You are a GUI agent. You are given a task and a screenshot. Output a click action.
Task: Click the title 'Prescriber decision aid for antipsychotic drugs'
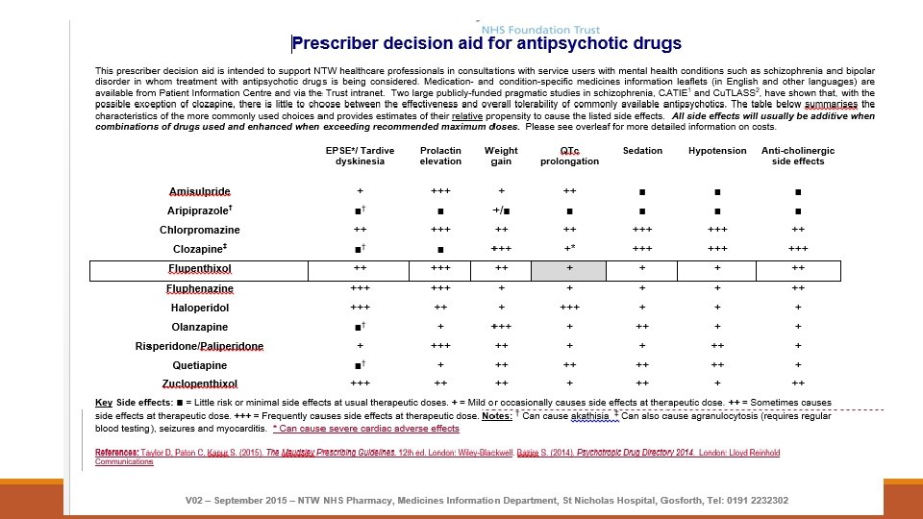point(486,43)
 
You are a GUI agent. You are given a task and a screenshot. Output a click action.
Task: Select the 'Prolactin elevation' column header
point(440,156)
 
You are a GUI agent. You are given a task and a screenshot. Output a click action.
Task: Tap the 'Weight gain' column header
point(501,156)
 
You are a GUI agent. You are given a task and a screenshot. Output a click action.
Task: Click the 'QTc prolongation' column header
point(569,156)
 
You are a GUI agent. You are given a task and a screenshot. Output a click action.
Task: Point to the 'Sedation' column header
point(642,151)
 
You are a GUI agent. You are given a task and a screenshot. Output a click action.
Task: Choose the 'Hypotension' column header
point(717,151)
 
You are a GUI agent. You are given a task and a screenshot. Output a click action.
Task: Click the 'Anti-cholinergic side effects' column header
point(798,156)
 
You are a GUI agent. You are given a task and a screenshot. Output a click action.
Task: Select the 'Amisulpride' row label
point(200,192)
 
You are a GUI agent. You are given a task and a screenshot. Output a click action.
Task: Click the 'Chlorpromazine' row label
point(200,231)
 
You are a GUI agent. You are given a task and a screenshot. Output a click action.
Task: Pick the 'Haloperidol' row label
point(200,309)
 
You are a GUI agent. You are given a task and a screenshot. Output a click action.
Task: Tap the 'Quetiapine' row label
point(200,365)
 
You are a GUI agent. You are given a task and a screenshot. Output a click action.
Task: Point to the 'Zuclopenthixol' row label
point(200,384)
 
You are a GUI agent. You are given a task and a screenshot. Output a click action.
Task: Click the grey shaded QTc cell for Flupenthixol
point(569,269)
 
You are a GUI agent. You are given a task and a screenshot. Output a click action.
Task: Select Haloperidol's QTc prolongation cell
point(569,309)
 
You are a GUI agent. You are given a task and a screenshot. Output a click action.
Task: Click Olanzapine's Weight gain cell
point(501,327)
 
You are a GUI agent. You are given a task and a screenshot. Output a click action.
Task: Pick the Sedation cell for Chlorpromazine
point(642,231)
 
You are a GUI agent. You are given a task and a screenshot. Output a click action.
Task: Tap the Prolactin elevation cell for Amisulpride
point(440,192)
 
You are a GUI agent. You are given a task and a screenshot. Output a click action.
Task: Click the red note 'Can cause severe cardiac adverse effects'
point(366,429)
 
